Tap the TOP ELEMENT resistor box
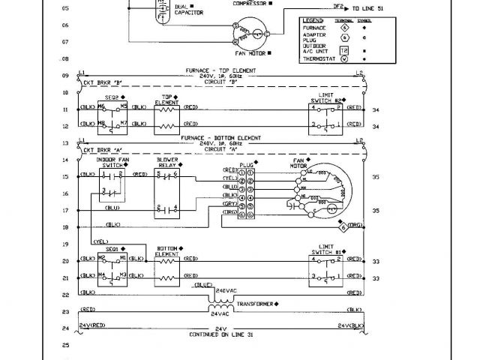(x=166, y=117)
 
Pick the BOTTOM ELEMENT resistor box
(x=166, y=270)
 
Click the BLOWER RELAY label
(x=166, y=163)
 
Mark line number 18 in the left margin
(x=64, y=226)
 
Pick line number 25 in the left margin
(x=64, y=346)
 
